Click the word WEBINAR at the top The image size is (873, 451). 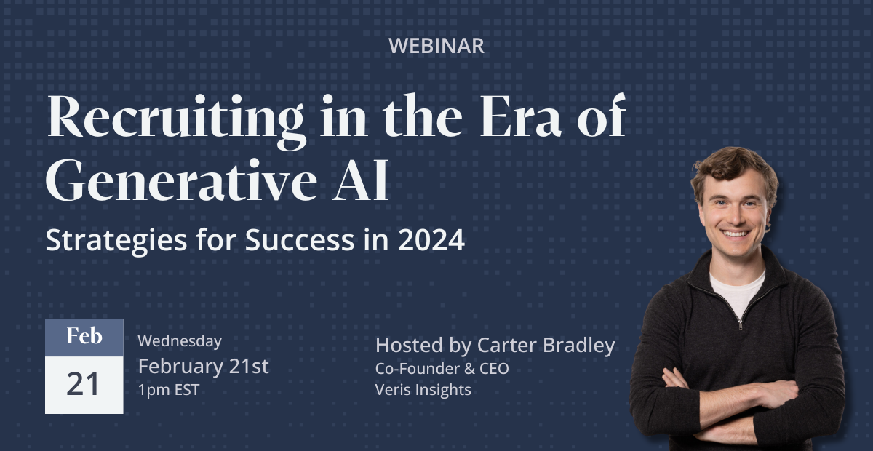point(436,46)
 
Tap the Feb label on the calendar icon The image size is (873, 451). point(84,337)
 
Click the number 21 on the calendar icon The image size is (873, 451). point(84,384)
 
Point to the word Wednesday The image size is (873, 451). point(180,340)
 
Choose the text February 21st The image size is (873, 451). point(203,366)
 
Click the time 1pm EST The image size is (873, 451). point(168,389)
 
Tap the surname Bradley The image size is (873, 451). point(579,346)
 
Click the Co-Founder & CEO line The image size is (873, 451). point(442,369)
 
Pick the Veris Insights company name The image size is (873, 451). point(423,390)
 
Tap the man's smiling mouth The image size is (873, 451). point(735,234)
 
